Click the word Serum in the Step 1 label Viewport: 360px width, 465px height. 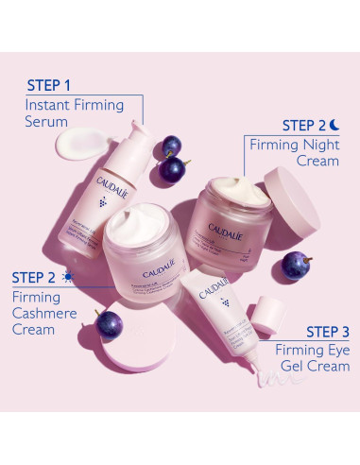click(x=47, y=122)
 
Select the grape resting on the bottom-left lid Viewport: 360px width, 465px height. click(x=109, y=322)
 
